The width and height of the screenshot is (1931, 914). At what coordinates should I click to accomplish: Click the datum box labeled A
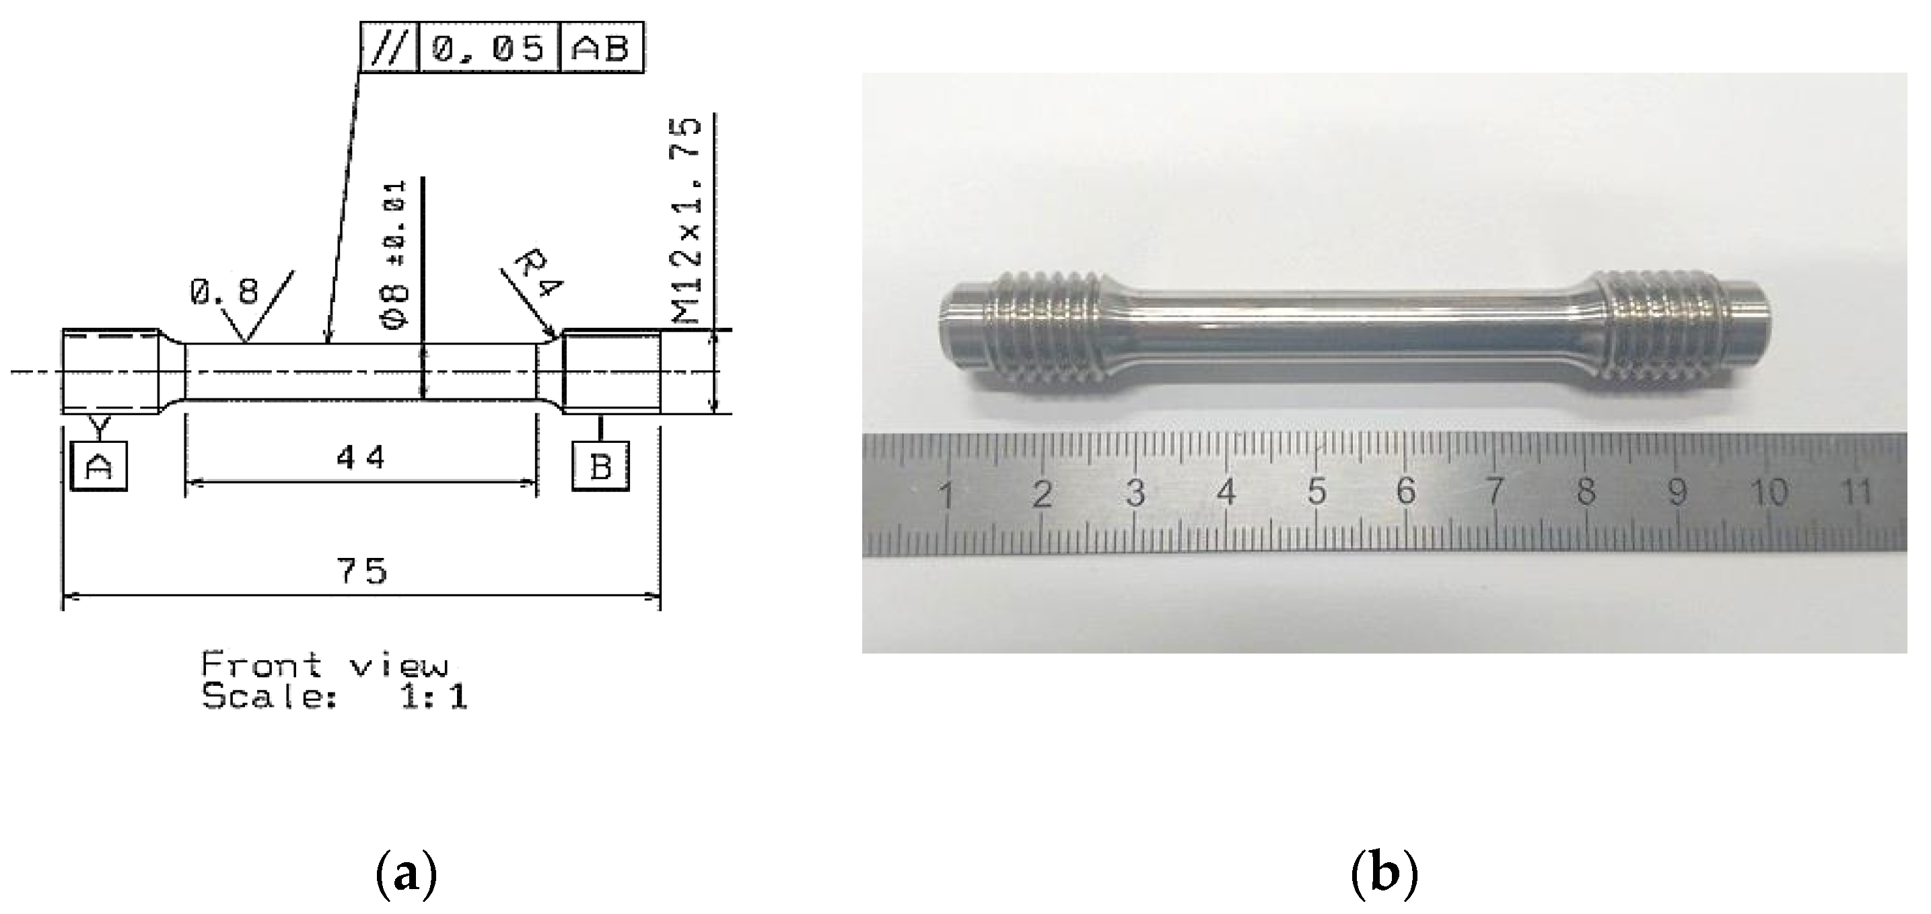pyautogui.click(x=98, y=466)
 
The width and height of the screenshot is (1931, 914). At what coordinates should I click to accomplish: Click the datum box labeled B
pyautogui.click(x=600, y=466)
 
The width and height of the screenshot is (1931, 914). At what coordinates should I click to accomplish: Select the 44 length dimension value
pyautogui.click(x=361, y=456)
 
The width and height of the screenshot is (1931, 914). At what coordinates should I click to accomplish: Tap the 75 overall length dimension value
pyautogui.click(x=363, y=571)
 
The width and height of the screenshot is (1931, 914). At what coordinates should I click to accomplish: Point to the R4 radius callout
pyautogui.click(x=538, y=275)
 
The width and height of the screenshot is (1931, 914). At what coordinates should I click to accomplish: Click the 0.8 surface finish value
pyautogui.click(x=224, y=291)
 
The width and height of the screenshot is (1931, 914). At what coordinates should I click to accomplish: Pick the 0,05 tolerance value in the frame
pyautogui.click(x=488, y=48)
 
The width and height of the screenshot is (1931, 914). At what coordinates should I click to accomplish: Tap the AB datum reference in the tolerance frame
pyautogui.click(x=601, y=48)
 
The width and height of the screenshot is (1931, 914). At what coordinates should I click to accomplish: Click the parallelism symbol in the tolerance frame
pyautogui.click(x=390, y=48)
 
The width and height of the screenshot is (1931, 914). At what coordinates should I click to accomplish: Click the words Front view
pyautogui.click(x=325, y=664)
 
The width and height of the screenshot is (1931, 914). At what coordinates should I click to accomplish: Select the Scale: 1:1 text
pyautogui.click(x=335, y=697)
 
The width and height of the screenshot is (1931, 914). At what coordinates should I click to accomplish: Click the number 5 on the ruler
pyautogui.click(x=1317, y=492)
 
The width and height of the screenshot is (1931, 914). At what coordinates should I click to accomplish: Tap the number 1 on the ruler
pyautogui.click(x=947, y=495)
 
